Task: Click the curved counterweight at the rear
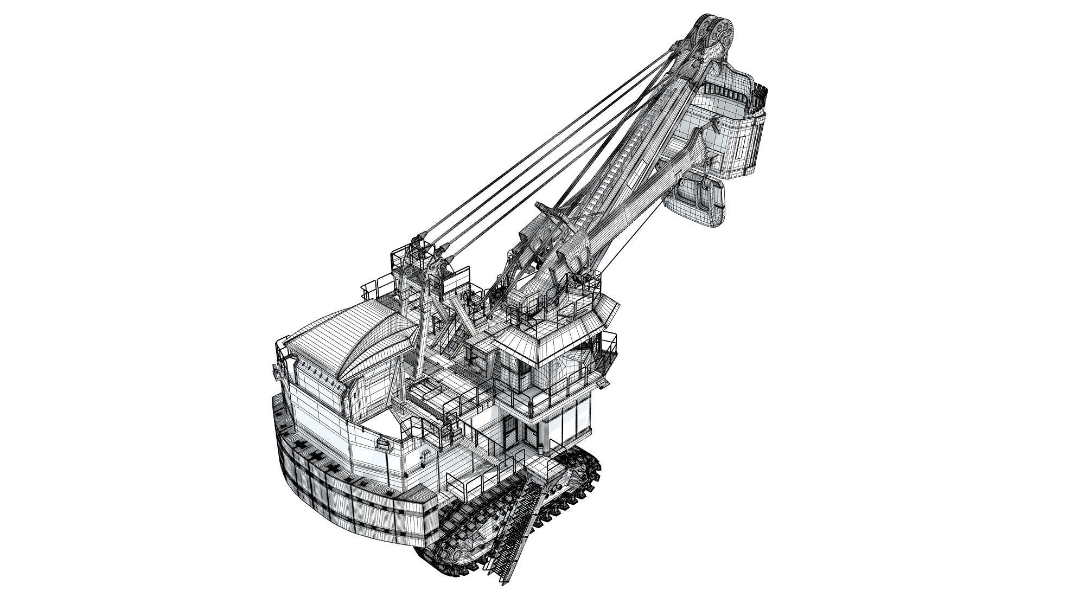point(347,488)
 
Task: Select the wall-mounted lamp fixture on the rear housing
point(384,446)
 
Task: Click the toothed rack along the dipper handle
point(618,163)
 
